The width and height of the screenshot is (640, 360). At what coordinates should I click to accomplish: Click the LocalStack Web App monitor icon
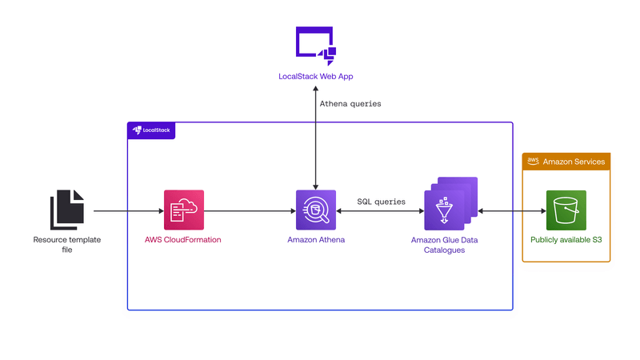(315, 44)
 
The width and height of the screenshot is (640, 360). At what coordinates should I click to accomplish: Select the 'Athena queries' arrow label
(350, 104)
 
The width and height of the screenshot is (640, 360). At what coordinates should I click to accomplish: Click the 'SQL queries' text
(381, 202)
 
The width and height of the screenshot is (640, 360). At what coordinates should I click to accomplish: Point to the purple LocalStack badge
(151, 130)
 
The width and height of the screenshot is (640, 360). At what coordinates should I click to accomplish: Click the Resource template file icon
(67, 210)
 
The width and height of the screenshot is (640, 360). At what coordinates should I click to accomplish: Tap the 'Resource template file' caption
(67, 245)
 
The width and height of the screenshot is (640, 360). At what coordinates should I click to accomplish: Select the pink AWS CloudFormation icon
(183, 210)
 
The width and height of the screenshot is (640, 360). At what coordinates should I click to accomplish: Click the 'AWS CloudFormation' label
(183, 240)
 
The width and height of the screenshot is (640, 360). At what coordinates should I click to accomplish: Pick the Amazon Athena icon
(316, 210)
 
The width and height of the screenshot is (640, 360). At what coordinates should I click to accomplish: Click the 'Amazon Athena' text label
(316, 240)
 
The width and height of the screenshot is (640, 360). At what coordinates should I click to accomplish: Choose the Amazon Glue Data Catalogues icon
(450, 205)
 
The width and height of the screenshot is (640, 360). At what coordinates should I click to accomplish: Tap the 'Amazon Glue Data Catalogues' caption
(450, 245)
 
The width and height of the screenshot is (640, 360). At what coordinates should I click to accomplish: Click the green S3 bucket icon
(566, 210)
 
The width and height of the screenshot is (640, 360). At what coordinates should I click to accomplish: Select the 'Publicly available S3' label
(566, 240)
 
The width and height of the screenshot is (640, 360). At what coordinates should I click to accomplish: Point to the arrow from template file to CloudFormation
(128, 211)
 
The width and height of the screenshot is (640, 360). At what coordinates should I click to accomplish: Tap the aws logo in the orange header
(533, 162)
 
